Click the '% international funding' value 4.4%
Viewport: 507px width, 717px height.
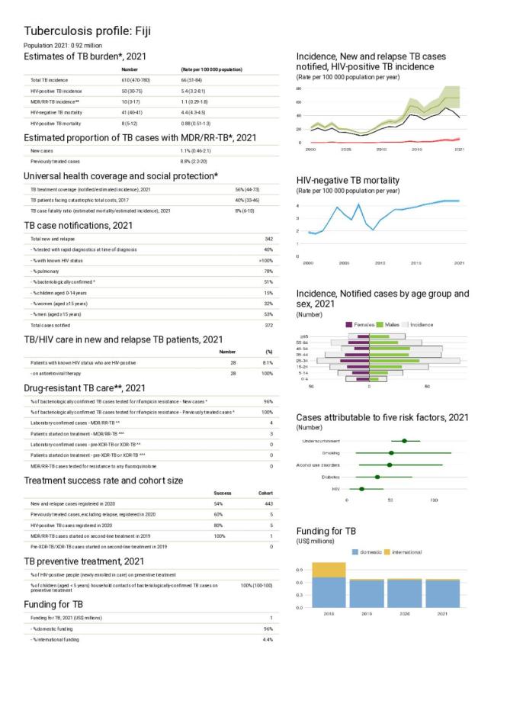268,638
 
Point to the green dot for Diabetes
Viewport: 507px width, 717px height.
377,477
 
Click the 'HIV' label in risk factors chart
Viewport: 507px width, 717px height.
335,488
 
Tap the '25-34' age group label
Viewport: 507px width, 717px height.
303,361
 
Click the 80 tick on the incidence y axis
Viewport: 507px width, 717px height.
299,88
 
